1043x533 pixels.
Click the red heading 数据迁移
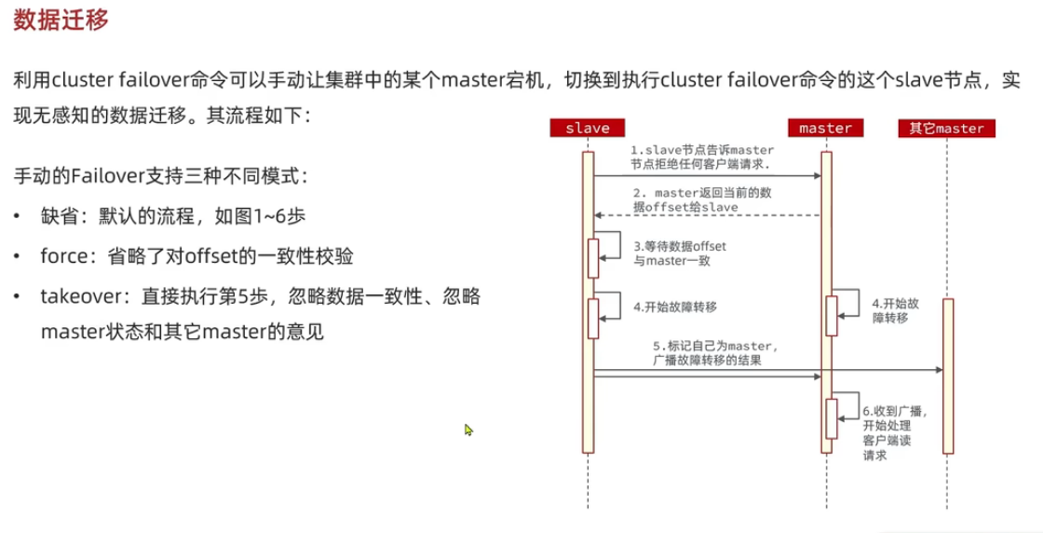61,21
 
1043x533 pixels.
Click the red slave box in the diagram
587,128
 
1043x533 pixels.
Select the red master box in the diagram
826,128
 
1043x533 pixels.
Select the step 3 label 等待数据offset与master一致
678,252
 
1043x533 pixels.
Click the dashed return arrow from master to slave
708,215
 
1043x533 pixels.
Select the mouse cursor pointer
469,430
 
